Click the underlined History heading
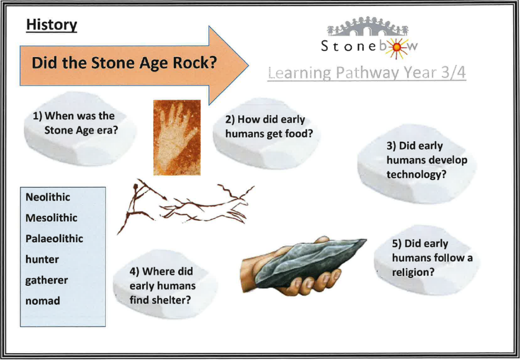51,25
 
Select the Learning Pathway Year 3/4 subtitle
367,73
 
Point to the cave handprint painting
177,137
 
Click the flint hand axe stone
310,262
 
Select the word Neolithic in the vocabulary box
48,197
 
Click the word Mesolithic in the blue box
51,218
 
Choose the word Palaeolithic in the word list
54,239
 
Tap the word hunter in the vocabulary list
42,259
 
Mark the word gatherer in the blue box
46,280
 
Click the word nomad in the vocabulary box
43,301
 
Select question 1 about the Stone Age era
75,123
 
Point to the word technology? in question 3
415,175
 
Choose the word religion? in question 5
413,272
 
